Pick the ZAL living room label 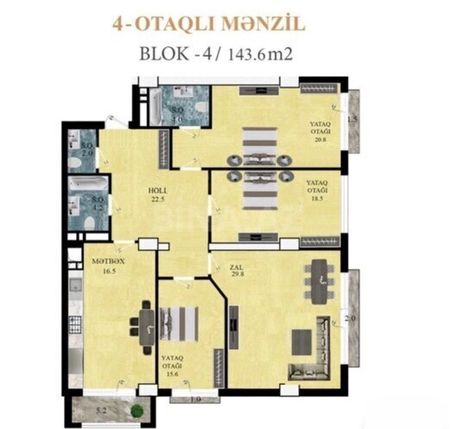(235, 267)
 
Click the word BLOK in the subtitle (165, 53)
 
